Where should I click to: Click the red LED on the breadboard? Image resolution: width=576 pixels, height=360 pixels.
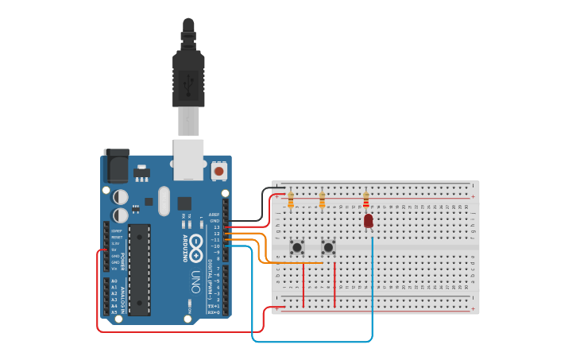click(x=369, y=220)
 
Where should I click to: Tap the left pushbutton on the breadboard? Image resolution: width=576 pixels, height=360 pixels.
click(x=297, y=247)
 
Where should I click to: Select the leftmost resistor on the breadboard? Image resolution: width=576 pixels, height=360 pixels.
click(x=291, y=200)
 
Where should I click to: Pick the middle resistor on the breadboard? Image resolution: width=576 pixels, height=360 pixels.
click(x=322, y=200)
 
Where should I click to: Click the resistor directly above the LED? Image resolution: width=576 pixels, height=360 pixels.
click(x=365, y=199)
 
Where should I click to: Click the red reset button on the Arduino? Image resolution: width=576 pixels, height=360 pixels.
click(x=218, y=170)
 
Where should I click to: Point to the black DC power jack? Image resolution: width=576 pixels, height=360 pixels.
click(x=116, y=166)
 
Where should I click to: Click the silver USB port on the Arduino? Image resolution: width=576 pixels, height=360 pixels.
click(x=188, y=158)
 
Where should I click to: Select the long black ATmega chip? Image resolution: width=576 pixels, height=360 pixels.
click(x=139, y=269)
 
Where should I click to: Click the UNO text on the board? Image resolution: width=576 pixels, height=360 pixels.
click(x=195, y=281)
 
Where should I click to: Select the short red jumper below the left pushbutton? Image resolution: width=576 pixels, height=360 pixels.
click(x=303, y=285)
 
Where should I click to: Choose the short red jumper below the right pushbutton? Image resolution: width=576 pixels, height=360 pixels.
click(x=334, y=285)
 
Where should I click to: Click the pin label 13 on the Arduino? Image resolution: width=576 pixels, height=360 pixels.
click(x=216, y=227)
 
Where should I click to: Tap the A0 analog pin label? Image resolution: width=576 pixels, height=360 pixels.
click(x=114, y=281)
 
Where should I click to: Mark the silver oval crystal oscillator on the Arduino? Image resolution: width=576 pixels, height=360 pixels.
click(x=164, y=200)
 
